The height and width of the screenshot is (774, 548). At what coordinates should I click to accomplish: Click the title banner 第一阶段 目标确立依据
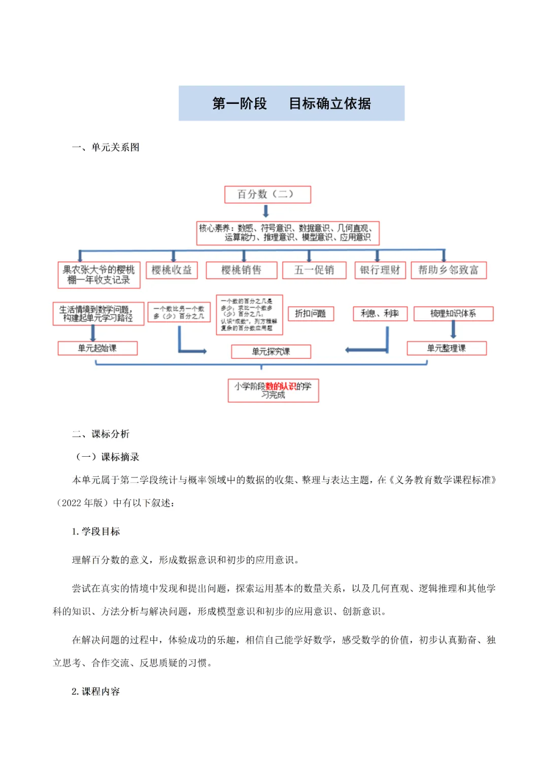[x=291, y=103]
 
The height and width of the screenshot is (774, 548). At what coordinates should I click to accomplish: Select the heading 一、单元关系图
[x=106, y=148]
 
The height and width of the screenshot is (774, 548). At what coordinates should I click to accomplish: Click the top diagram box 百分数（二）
[x=267, y=194]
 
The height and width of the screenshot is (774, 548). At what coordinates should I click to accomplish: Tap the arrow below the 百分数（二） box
[x=265, y=211]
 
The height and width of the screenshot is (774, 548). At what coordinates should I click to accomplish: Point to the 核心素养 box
[x=288, y=233]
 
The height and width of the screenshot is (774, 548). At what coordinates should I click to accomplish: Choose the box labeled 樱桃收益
[x=172, y=270]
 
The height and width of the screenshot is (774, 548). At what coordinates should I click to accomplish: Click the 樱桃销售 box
[x=242, y=270]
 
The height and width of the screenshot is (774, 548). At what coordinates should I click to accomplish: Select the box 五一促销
[x=314, y=270]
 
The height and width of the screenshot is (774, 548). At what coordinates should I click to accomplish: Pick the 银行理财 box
[x=380, y=270]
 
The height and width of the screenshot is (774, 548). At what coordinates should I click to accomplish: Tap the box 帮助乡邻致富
[x=449, y=270]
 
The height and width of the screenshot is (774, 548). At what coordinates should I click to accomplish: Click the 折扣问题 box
[x=311, y=314]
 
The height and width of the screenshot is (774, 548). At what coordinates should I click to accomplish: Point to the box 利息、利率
[x=380, y=314]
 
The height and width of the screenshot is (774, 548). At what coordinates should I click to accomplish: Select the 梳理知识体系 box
[x=453, y=314]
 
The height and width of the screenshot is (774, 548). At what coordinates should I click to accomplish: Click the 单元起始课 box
[x=97, y=348]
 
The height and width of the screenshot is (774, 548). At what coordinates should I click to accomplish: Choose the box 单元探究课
[x=271, y=352]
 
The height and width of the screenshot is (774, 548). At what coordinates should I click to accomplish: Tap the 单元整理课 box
[x=447, y=348]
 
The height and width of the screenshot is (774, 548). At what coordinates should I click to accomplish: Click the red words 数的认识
[x=281, y=386]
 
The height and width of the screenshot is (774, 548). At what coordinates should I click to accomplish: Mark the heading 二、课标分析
[x=101, y=434]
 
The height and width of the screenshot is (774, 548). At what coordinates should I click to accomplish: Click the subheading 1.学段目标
[x=96, y=531]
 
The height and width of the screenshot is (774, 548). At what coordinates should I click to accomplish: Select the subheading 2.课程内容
[x=96, y=691]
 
